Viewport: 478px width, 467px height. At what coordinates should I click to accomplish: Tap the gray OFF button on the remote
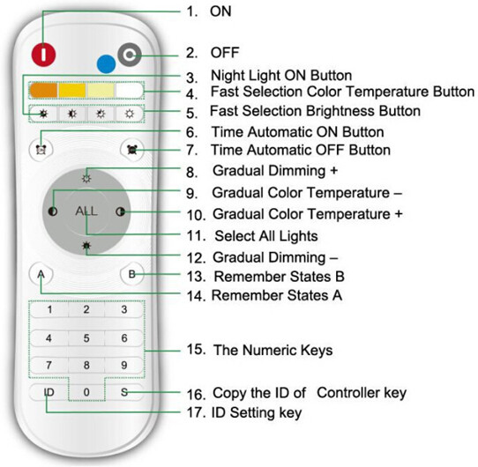coord(130,55)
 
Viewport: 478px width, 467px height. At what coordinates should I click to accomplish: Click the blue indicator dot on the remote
coord(106,64)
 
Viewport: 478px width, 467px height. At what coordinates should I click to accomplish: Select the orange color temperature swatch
coord(43,90)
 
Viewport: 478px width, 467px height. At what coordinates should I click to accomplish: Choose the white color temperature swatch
coord(130,90)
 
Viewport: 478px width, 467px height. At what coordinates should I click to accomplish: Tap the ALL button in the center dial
coord(86,211)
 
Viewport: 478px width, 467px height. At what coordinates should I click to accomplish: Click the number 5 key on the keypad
coord(86,337)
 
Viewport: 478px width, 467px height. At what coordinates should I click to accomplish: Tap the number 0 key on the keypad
coord(86,392)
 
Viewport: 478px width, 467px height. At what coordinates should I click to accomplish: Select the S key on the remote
coord(124,392)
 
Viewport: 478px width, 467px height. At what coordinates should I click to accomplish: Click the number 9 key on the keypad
coord(123,365)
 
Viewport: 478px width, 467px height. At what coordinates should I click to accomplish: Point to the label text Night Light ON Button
coord(281,75)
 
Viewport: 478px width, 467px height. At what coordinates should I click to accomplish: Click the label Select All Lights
coord(266,236)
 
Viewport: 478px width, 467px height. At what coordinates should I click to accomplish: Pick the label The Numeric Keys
coord(273,350)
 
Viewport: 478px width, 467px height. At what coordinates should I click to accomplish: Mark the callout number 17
coord(196,412)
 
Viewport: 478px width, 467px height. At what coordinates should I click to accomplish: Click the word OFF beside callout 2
coord(225,52)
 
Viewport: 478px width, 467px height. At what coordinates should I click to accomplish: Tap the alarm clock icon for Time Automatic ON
coord(41,149)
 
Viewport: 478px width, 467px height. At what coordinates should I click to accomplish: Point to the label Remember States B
coord(280,277)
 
